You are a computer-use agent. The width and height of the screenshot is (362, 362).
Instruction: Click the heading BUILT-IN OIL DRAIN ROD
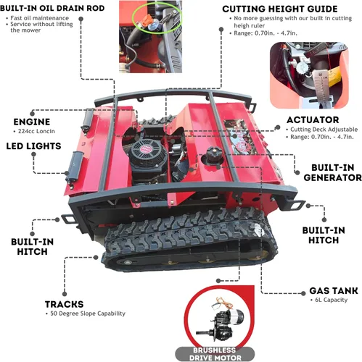[52, 8]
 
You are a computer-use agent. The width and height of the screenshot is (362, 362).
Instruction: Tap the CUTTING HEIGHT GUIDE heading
[280, 9]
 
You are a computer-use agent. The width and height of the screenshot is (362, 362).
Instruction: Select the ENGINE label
[32, 122]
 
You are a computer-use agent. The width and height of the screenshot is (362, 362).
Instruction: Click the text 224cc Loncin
[36, 131]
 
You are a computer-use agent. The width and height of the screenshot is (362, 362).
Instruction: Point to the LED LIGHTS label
[33, 146]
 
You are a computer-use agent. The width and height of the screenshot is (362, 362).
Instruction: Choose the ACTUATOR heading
[313, 120]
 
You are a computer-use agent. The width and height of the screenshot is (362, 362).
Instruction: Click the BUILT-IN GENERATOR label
[333, 172]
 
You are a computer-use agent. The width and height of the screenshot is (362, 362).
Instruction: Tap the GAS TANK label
[334, 290]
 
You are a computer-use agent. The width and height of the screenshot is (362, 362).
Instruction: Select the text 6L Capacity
[331, 300]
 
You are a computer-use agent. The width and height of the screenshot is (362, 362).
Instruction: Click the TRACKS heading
[64, 304]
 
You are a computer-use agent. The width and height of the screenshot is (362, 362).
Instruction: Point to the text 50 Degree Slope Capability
[88, 313]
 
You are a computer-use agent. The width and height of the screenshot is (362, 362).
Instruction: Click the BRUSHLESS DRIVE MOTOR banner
[215, 354]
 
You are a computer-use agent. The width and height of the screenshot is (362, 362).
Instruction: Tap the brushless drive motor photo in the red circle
[221, 321]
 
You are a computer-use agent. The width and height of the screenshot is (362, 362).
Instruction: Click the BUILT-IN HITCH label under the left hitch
[32, 247]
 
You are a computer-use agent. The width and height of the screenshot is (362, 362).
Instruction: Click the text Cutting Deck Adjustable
[324, 130]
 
